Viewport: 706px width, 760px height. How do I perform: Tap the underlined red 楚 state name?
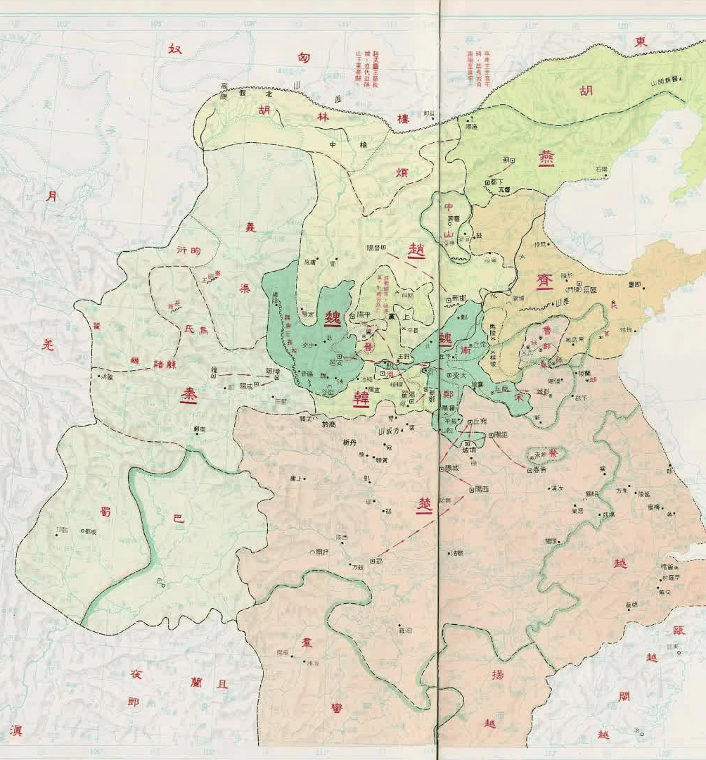(x=424, y=506)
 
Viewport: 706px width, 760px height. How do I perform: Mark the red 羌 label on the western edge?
(x=48, y=344)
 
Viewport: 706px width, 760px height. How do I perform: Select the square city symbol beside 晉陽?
(x=384, y=247)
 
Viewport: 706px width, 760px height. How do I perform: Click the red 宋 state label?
(x=520, y=396)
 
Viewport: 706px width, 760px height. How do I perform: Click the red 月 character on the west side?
(x=51, y=196)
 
